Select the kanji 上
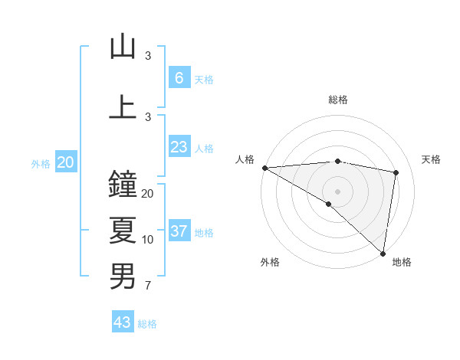(x=123, y=107)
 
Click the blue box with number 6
(x=179, y=78)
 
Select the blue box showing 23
(x=179, y=147)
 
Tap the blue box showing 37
(x=179, y=231)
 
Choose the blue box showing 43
(x=123, y=322)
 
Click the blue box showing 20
(x=66, y=162)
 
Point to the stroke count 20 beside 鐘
(x=148, y=194)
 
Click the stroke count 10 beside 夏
(x=148, y=240)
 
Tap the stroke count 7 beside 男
(x=148, y=286)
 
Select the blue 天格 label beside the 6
(x=204, y=80)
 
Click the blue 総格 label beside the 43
(x=147, y=324)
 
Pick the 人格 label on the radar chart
(x=245, y=159)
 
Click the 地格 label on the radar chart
(x=402, y=262)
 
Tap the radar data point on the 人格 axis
(x=264, y=168)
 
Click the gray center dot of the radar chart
(x=337, y=190)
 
